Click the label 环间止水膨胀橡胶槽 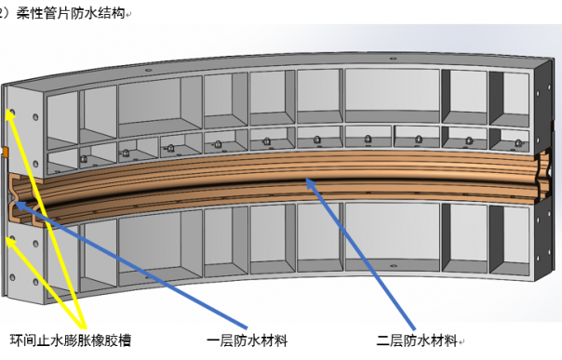tap(70, 340)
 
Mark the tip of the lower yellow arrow tap(10, 240)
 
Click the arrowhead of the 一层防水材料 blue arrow tap(18, 201)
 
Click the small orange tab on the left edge tap(5, 150)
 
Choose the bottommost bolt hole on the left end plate tap(36, 280)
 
